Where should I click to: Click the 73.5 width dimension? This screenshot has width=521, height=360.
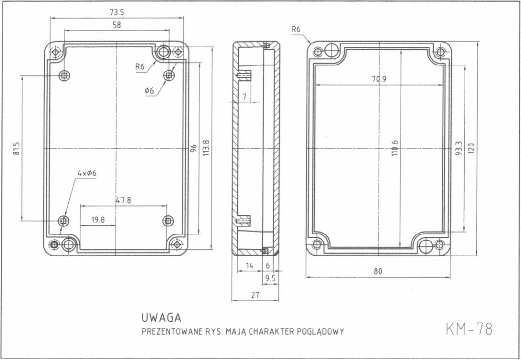[117, 12]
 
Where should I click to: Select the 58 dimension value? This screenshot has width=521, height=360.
[117, 25]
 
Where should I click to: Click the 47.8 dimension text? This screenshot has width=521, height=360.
[123, 201]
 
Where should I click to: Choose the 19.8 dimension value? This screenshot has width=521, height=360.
[98, 220]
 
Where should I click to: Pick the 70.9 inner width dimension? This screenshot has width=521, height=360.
[379, 79]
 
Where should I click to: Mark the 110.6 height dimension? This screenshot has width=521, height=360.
[394, 148]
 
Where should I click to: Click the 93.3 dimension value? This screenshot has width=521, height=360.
[458, 148]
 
